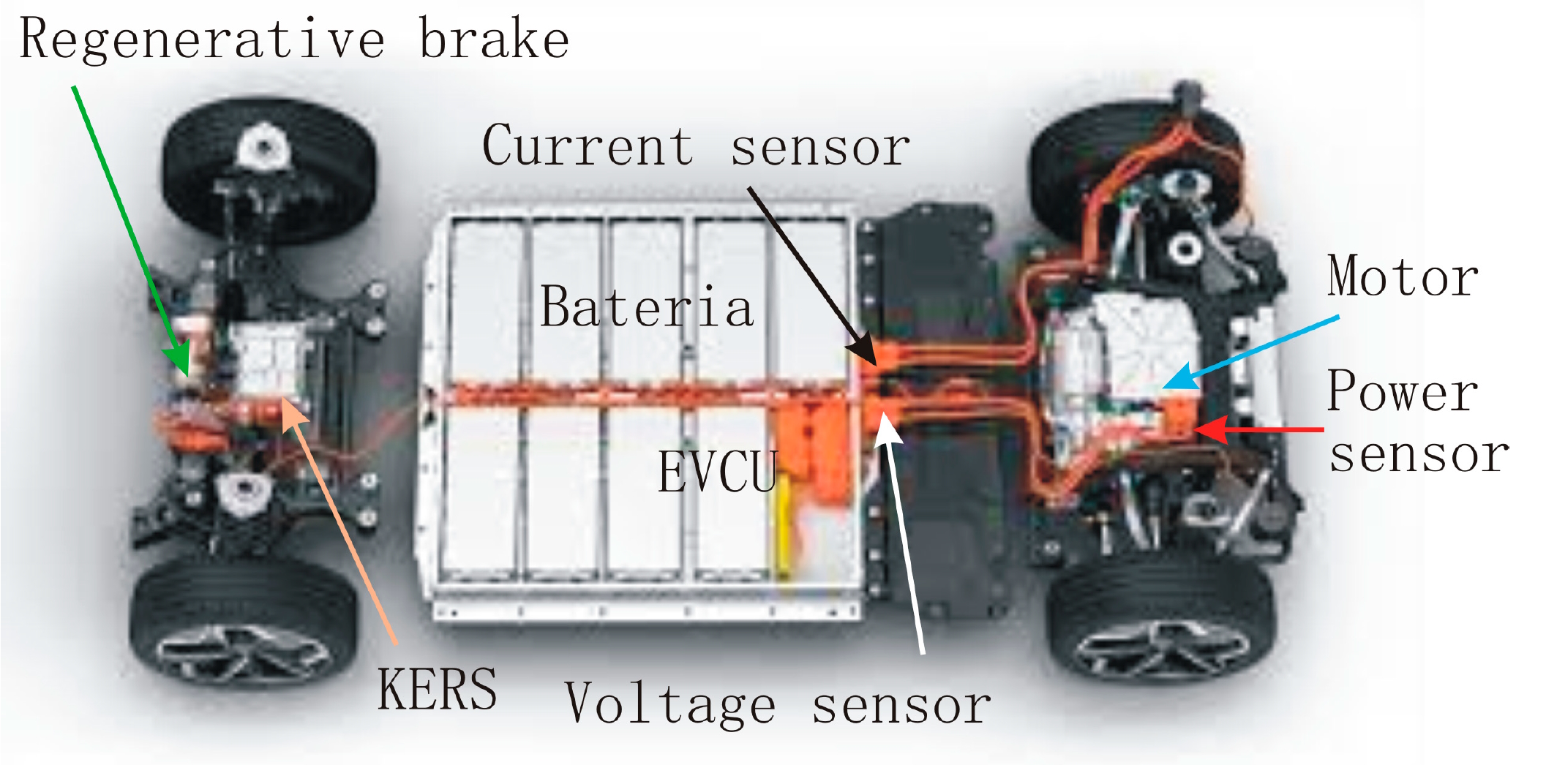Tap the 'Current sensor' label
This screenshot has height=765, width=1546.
696,146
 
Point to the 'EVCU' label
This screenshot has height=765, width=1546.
717,472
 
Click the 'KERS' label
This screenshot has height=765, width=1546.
437,689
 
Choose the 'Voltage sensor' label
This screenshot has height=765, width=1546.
778,703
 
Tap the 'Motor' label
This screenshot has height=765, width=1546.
1403,276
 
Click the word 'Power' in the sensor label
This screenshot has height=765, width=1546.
1402,391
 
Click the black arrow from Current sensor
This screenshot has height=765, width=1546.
812,276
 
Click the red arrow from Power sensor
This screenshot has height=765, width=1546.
1258,429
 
